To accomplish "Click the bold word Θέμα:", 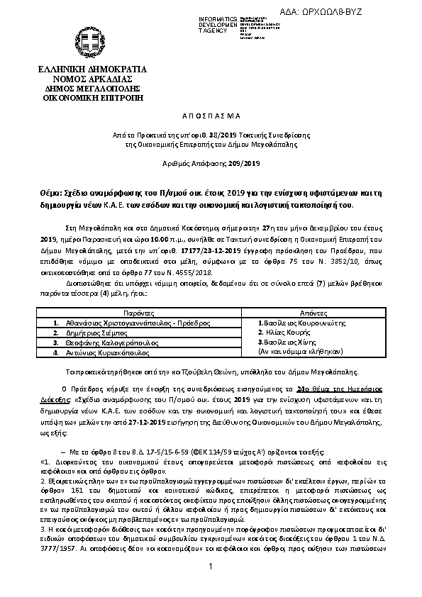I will click(52, 193).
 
